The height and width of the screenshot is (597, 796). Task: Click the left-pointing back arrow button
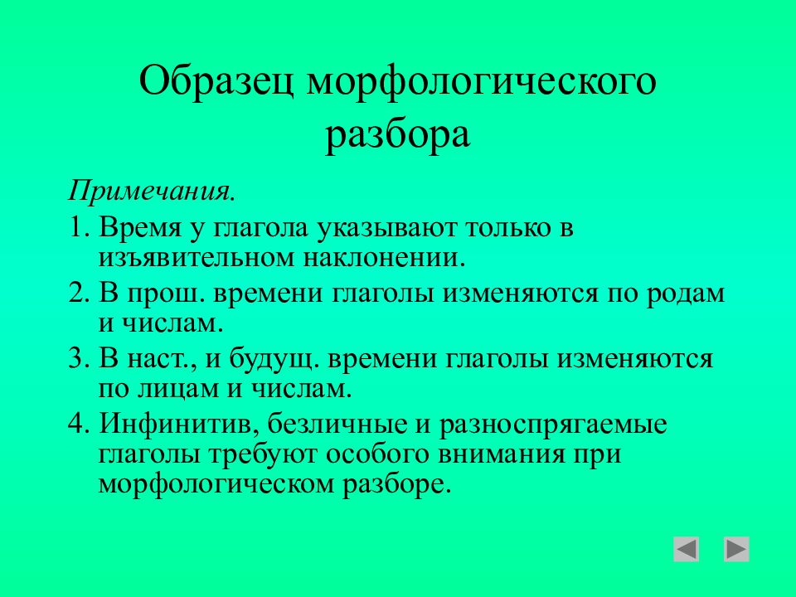point(686,549)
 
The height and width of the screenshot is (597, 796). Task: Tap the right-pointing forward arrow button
point(736,549)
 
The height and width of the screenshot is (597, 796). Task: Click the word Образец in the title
point(216,81)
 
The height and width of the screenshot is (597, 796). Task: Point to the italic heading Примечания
point(152,192)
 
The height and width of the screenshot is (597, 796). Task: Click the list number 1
point(79,227)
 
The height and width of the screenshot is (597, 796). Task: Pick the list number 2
point(79,294)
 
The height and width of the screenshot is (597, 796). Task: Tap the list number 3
point(79,359)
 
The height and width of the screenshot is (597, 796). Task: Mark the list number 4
point(79,425)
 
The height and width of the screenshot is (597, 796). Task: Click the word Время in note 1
point(140,227)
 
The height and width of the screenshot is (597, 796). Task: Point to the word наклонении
point(385,257)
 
